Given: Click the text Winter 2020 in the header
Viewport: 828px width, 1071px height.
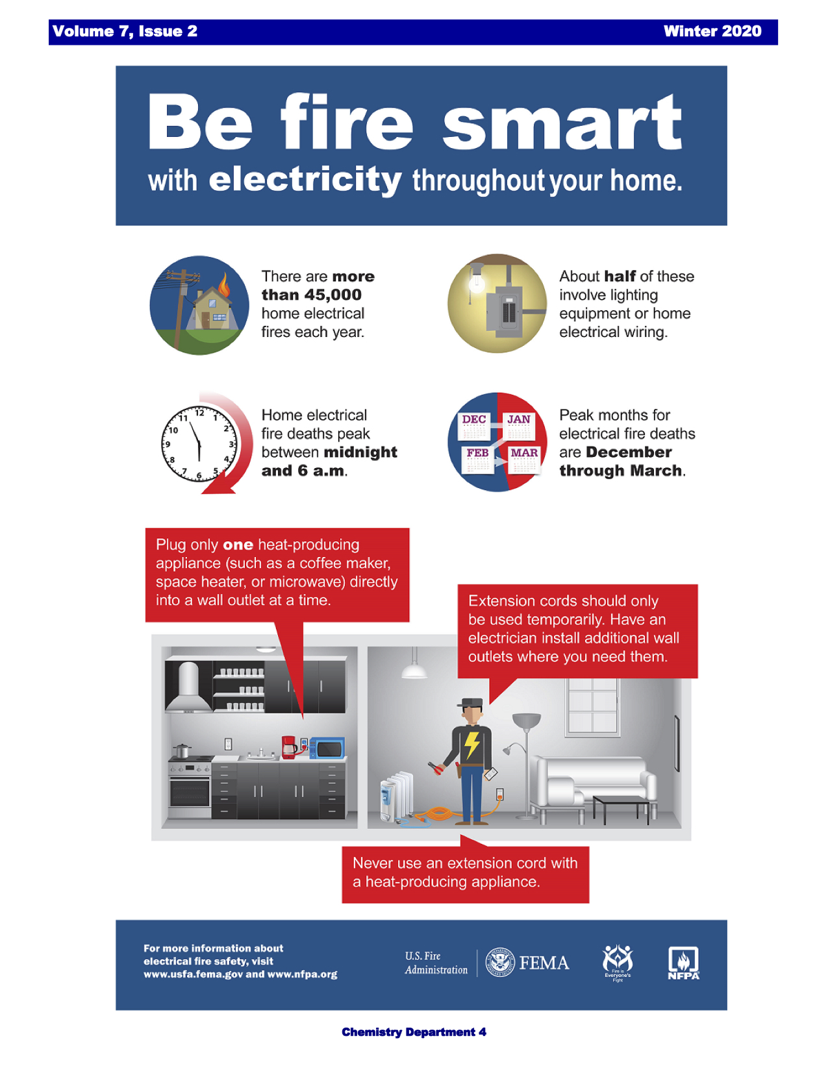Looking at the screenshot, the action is (x=712, y=31).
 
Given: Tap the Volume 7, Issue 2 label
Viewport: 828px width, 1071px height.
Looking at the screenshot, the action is (x=125, y=31).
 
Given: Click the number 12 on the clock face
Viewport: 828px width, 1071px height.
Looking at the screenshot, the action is (x=199, y=413).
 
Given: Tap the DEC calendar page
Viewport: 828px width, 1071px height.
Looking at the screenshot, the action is (x=474, y=426).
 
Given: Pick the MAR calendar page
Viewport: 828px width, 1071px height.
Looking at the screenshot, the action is (x=524, y=460).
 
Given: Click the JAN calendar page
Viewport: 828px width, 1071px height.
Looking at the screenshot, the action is (x=520, y=426).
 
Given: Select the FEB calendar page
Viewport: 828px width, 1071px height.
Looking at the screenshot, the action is (x=478, y=460).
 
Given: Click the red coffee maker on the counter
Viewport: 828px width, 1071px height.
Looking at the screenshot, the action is (x=290, y=746).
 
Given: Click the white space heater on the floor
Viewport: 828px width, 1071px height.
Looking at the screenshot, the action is (x=397, y=796).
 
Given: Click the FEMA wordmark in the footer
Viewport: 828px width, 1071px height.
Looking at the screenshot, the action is (x=544, y=963).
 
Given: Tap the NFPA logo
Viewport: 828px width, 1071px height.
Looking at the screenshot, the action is (x=684, y=963).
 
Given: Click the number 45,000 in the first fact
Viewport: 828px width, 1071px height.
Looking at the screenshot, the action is (x=333, y=295).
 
